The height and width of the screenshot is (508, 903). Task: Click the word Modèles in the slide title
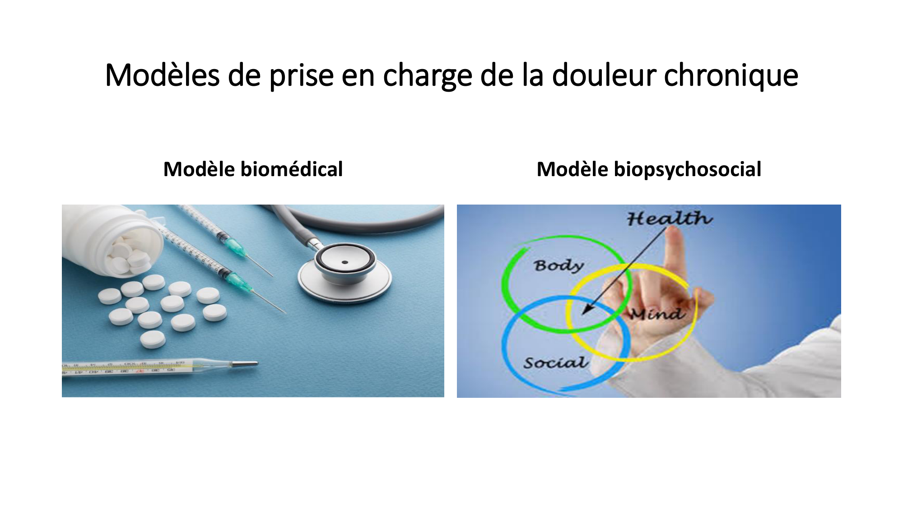(162, 75)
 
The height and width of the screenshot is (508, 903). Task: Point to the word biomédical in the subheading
(292, 169)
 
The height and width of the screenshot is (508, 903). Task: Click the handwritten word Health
(669, 219)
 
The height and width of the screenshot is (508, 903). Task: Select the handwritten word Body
(559, 265)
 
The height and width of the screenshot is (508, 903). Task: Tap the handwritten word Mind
(656, 313)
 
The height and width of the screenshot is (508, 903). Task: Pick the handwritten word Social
(555, 362)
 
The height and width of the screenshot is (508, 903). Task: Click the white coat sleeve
(795, 361)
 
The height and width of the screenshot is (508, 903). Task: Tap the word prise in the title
(301, 75)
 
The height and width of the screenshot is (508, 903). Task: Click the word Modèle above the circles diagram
(572, 169)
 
